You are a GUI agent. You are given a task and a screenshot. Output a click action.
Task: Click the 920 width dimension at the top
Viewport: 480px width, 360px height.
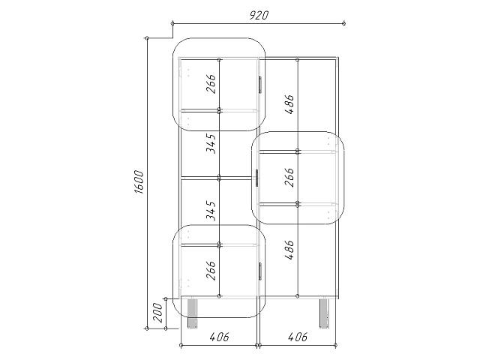259,15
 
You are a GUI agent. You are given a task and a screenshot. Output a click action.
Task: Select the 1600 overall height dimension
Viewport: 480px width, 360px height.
139,182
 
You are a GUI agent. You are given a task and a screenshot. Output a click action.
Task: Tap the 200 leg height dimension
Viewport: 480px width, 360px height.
158,313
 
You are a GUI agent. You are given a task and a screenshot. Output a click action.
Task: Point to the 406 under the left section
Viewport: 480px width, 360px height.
219,337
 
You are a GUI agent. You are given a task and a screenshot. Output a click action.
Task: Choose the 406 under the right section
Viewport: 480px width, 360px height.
298,337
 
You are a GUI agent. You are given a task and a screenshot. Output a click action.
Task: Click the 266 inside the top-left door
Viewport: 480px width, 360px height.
211,84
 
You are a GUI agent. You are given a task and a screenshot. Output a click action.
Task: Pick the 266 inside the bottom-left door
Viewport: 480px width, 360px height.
211,270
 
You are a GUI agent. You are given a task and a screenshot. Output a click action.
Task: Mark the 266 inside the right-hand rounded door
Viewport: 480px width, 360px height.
289,177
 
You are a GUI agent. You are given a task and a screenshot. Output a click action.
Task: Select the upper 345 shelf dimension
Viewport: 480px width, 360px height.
211,143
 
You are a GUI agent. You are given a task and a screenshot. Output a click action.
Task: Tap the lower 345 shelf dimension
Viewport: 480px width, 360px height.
211,211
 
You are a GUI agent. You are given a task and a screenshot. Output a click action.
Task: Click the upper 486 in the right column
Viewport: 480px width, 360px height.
289,104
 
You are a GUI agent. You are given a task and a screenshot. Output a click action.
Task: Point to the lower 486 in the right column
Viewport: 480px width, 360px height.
289,250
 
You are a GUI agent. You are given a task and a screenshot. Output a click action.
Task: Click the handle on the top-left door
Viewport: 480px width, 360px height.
260,85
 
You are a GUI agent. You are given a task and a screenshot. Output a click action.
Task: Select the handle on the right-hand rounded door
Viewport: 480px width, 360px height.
256,178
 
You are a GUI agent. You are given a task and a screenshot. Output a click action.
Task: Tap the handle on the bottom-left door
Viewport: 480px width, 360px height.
260,271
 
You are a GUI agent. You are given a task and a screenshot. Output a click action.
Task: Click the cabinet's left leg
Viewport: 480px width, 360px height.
192,313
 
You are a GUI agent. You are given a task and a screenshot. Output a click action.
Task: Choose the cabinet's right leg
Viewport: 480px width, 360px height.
325,313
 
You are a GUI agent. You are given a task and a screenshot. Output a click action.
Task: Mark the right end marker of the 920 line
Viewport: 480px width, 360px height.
343,23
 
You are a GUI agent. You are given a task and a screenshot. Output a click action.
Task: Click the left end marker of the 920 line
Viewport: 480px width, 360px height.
172,23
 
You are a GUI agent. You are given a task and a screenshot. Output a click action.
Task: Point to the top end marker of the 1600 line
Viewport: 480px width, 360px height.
147,38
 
